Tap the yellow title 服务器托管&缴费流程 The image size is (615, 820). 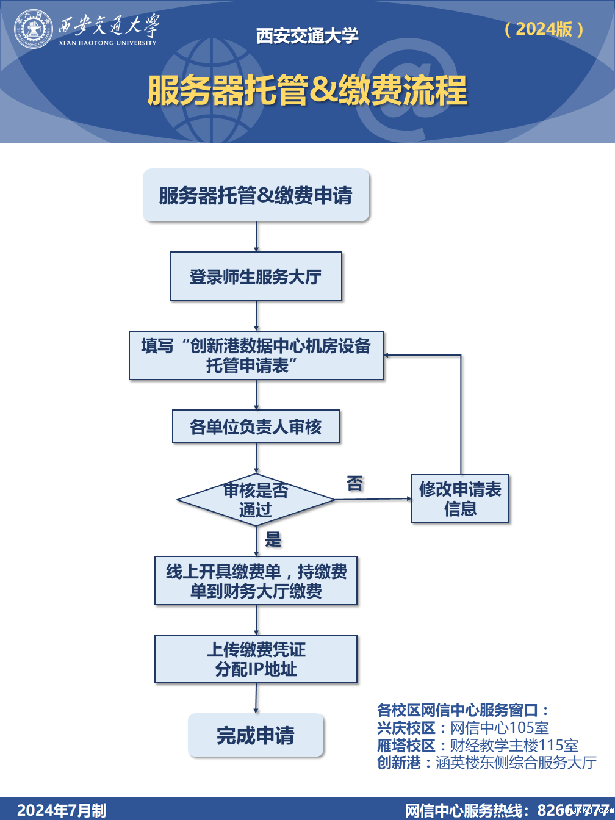[x=307, y=91]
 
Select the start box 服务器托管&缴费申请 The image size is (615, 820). [x=256, y=195]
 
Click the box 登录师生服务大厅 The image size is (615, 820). [x=256, y=276]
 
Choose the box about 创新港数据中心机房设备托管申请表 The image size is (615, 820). [x=256, y=355]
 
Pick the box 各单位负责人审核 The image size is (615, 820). [x=256, y=426]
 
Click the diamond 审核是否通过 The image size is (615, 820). [x=256, y=500]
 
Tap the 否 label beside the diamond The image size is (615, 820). [x=354, y=484]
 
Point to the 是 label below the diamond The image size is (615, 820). [x=273, y=539]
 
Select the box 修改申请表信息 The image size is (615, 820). [x=460, y=498]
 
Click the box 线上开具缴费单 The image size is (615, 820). [x=256, y=580]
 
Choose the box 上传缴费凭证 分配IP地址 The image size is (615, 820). [x=256, y=659]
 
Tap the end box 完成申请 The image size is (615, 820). [x=256, y=735]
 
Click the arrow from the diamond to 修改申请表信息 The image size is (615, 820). [x=373, y=499]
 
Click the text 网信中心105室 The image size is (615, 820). [x=500, y=728]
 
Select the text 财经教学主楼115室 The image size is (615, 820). [x=514, y=746]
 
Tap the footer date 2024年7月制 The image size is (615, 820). [x=62, y=810]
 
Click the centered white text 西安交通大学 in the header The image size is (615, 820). [x=307, y=36]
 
